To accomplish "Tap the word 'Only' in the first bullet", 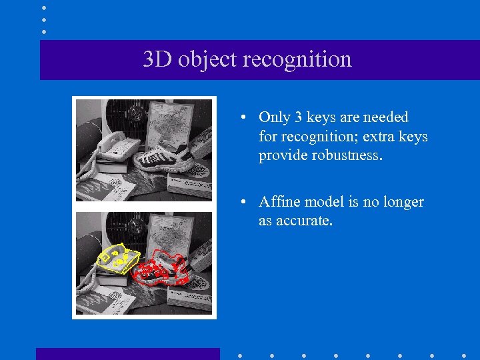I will [274, 117].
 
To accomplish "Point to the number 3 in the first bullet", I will [299, 117].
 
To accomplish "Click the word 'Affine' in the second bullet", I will [279, 202].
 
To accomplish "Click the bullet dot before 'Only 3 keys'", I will [245, 117].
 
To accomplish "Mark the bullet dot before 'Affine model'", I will [245, 202].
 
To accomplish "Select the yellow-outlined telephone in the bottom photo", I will [118, 259].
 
